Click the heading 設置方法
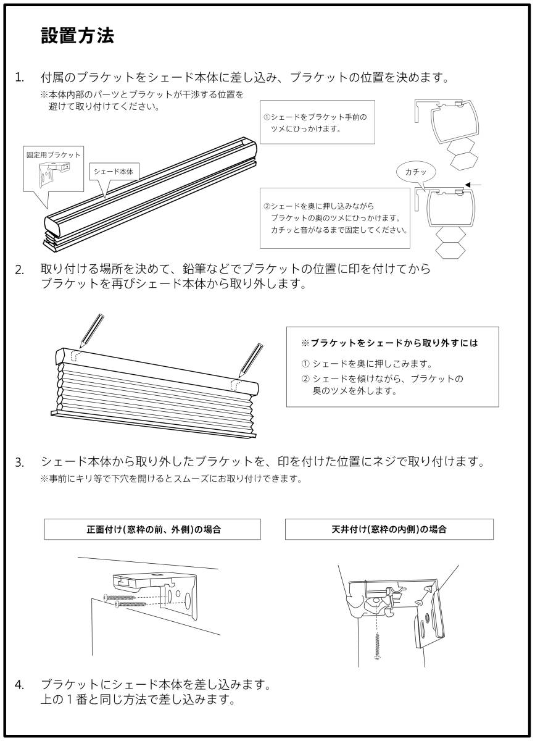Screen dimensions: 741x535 [77, 36]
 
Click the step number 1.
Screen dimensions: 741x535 [20, 78]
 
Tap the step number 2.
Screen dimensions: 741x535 [20, 270]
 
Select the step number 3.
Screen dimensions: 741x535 [20, 462]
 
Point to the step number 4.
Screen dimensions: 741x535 [20, 685]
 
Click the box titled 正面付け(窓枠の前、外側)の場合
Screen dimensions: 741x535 [153, 530]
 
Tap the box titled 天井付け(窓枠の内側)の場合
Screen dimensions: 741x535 [389, 530]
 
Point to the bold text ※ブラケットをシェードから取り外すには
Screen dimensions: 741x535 [390, 342]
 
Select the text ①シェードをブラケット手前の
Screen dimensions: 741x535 [316, 117]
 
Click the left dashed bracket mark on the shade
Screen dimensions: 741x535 [75, 358]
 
